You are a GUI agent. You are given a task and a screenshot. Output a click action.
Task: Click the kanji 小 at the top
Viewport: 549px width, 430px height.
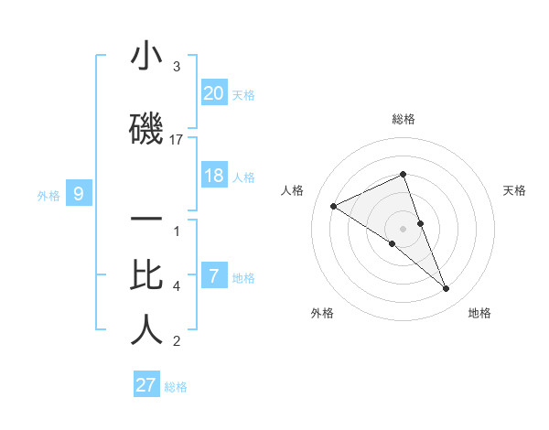tap(146, 57)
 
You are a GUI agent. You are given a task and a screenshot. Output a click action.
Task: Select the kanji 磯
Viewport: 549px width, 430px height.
tap(146, 130)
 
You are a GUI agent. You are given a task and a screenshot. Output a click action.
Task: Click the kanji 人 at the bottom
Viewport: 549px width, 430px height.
tap(146, 330)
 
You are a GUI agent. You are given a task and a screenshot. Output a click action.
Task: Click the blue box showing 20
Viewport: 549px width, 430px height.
tap(214, 92)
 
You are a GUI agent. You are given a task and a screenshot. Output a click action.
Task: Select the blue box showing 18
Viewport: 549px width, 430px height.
tap(214, 176)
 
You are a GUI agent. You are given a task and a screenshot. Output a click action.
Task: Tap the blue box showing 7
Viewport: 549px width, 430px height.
tap(214, 276)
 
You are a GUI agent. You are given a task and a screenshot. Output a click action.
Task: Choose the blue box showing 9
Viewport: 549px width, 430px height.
tap(79, 193)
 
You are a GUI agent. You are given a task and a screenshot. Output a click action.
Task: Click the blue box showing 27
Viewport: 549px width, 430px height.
tap(146, 384)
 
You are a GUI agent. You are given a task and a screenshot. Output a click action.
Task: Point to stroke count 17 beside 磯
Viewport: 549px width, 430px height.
tap(177, 140)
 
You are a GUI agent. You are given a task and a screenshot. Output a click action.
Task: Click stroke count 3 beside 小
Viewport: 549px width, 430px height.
tap(177, 67)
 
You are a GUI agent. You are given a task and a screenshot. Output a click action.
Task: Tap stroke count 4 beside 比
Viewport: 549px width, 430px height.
tap(177, 286)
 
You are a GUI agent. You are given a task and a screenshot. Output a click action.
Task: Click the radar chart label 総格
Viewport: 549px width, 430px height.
tap(404, 119)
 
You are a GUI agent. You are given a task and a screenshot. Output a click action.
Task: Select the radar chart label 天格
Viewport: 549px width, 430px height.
tap(515, 190)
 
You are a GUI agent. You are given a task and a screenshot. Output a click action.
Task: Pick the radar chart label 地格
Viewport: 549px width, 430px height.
tap(479, 313)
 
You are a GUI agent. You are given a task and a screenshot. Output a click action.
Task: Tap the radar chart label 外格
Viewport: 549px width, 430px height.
tap(322, 313)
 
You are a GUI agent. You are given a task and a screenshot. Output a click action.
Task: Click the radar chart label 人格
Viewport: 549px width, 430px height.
tap(293, 190)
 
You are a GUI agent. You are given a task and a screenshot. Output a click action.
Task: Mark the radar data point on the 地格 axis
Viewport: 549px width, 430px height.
tap(447, 289)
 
